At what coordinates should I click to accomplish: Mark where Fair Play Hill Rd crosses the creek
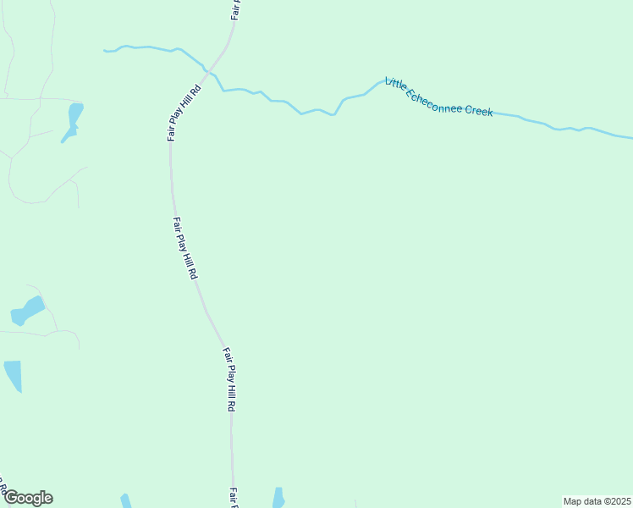coord(209,69)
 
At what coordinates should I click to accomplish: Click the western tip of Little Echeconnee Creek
coord(105,51)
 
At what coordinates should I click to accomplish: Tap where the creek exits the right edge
coord(630,137)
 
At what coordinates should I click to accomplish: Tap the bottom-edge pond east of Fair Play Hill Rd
coord(278,498)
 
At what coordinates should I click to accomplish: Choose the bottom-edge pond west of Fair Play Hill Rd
coord(125,501)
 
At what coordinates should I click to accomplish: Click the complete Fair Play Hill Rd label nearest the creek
coord(184,111)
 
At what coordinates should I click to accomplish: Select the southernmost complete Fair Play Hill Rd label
coord(229,378)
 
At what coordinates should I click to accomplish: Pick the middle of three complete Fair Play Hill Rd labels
coord(184,249)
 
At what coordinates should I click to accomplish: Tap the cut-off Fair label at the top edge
coord(236,9)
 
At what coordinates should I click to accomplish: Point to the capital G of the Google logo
coord(12,497)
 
